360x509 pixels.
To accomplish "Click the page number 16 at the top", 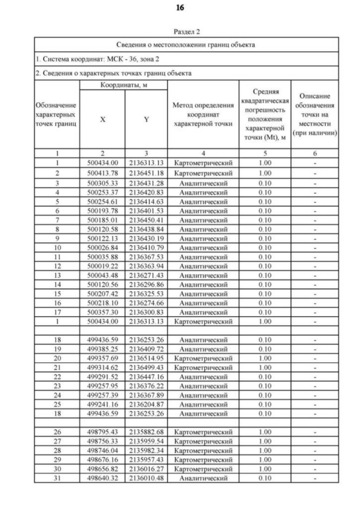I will pyautogui.click(x=179, y=8).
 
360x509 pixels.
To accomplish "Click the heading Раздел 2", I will pyautogui.click(x=186, y=33).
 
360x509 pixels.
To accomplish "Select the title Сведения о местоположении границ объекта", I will pyautogui.click(x=186, y=44).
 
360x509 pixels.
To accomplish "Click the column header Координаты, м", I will pyautogui.click(x=123, y=84).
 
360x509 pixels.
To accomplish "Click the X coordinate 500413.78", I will pyautogui.click(x=102, y=173).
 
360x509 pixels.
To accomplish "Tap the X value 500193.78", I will pyautogui.click(x=102, y=210).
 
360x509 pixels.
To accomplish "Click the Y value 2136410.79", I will pyautogui.click(x=146, y=249).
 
